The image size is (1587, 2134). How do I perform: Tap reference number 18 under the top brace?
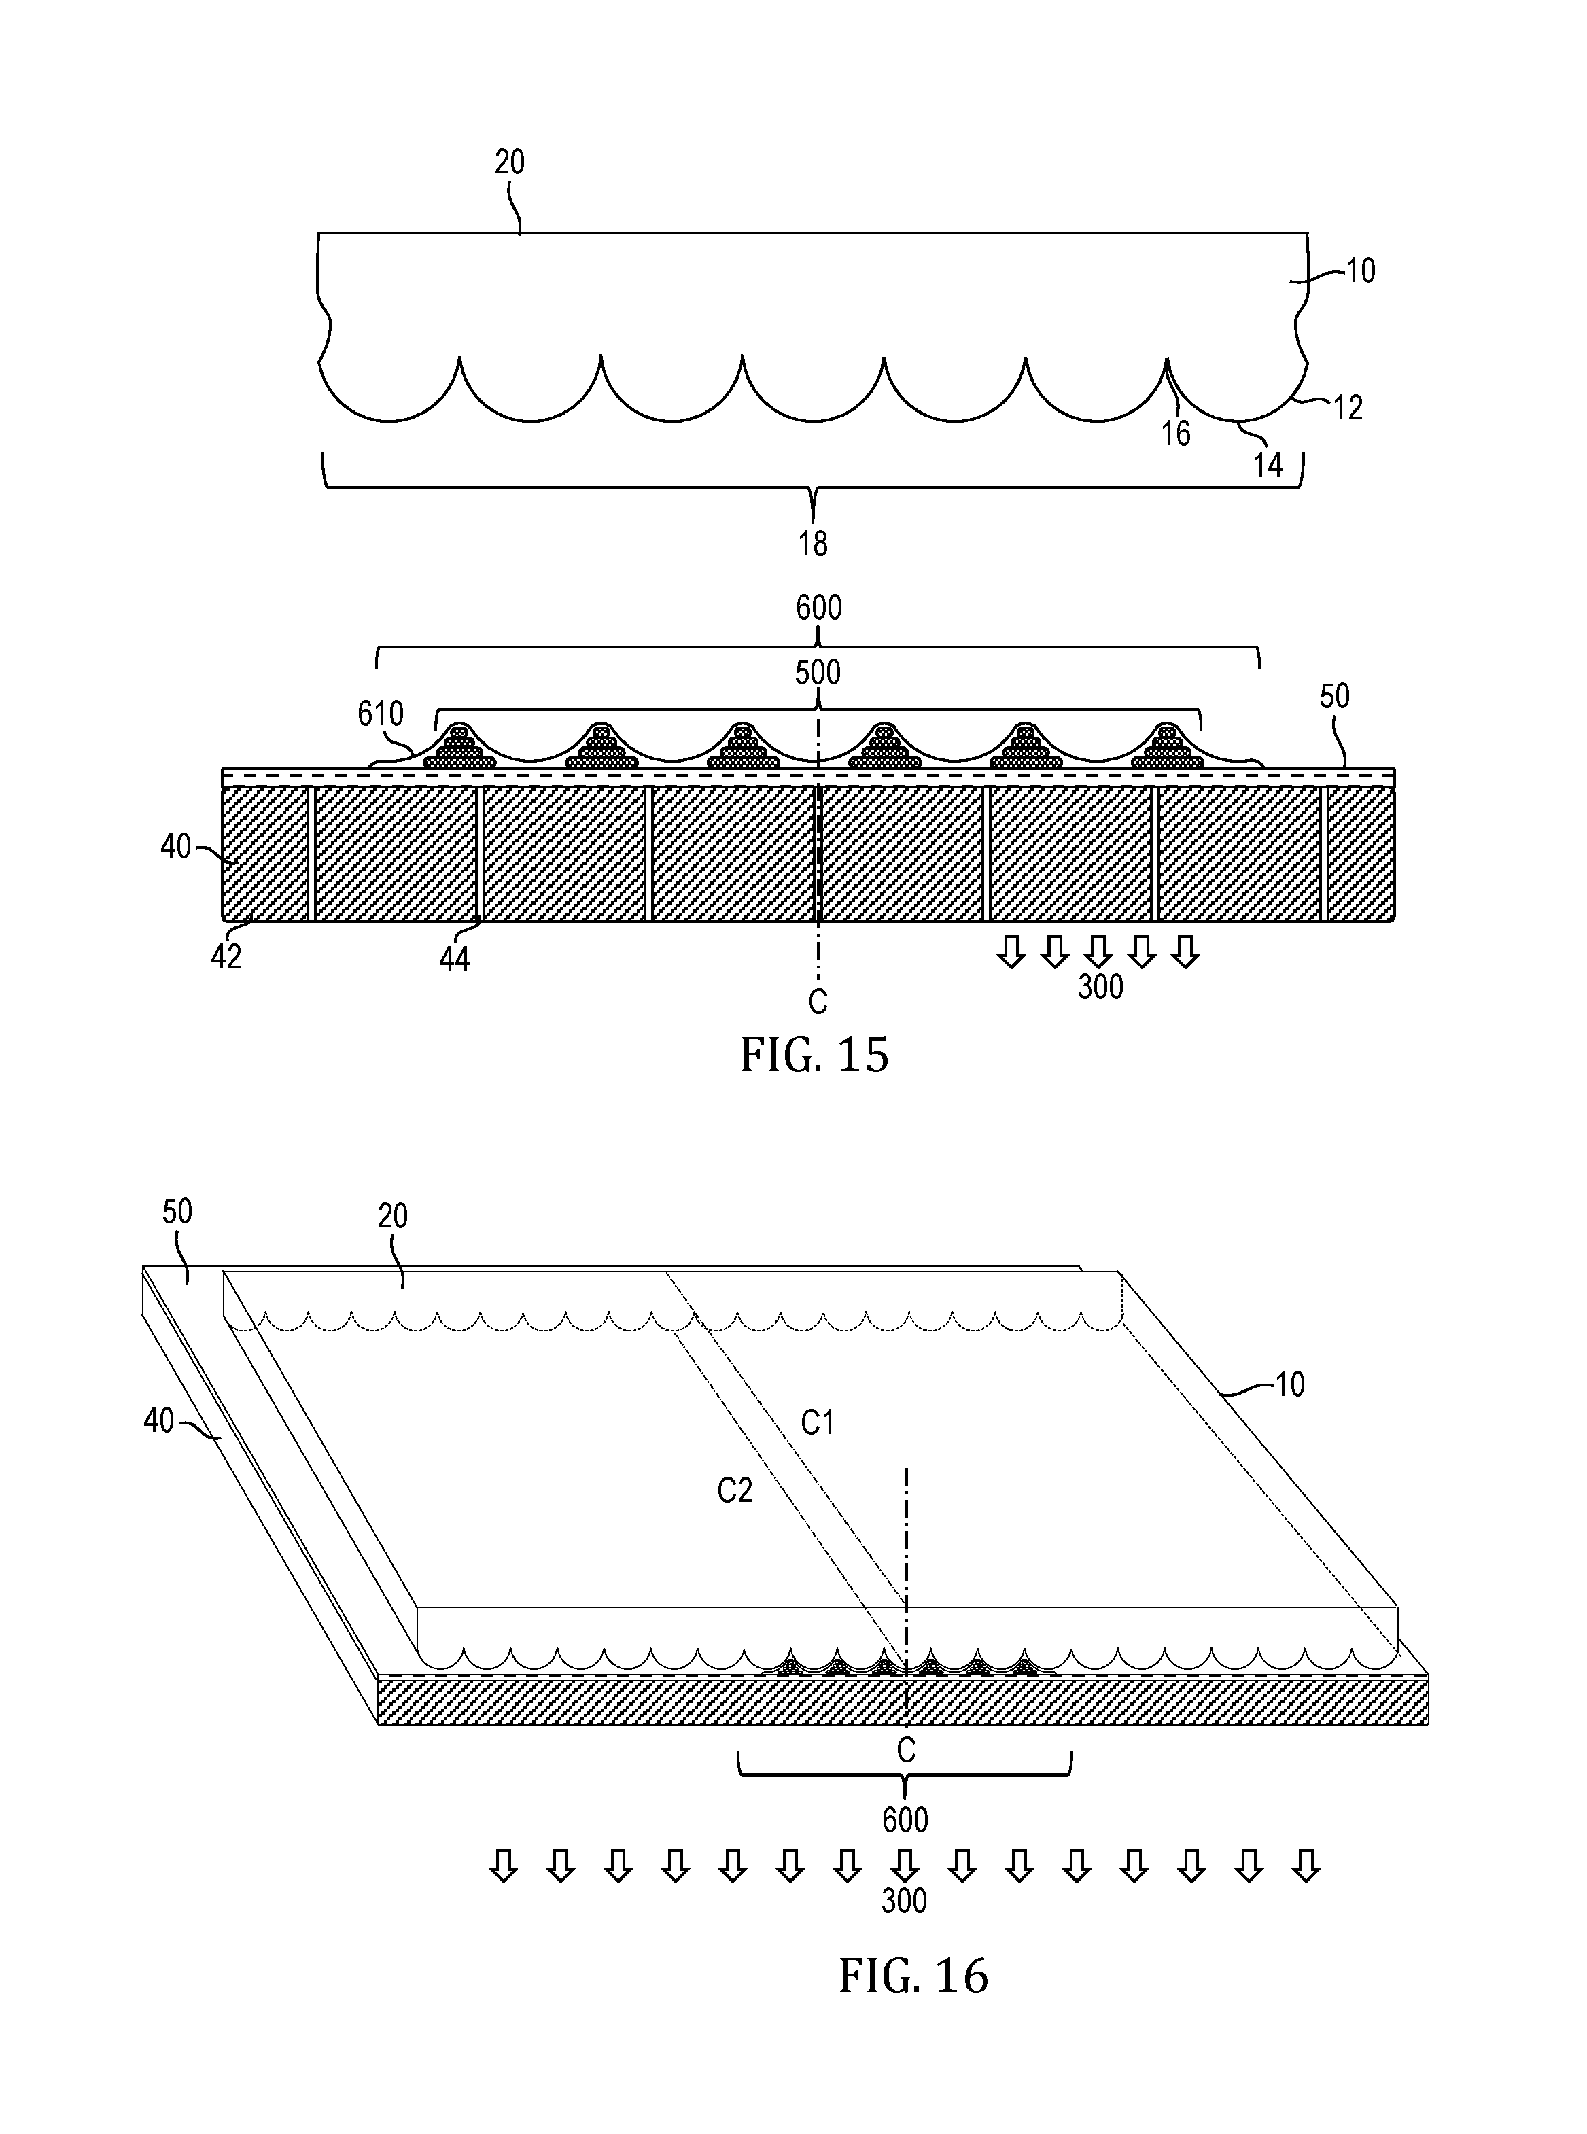coord(813,544)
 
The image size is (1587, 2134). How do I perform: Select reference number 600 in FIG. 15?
coord(818,608)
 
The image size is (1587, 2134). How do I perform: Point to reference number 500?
coord(818,672)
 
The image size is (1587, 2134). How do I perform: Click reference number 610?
coord(381,714)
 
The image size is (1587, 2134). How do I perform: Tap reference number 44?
coord(455,958)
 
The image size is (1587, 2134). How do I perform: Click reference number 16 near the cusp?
coord(1176,434)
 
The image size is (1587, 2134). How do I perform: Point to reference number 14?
coord(1268,466)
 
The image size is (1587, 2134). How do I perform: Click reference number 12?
coord(1348,408)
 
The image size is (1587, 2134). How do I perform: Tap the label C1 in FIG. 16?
coord(818,1422)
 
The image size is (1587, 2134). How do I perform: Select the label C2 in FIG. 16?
coord(735,1490)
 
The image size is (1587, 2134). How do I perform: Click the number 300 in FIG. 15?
coord(1100,986)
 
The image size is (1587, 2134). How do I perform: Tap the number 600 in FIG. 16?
coord(905,1820)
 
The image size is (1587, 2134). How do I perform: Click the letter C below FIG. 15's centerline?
coord(818,1002)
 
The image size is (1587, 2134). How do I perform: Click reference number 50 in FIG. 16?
coord(177,1212)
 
